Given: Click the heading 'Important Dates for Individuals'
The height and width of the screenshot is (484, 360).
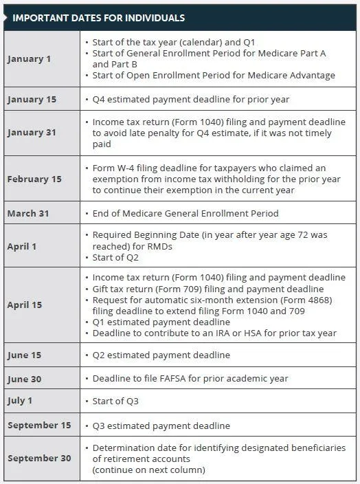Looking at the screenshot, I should [x=98, y=17].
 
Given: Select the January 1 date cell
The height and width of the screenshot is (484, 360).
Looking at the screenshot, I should [x=29, y=58].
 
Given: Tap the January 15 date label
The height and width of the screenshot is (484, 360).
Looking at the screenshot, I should [x=32, y=100].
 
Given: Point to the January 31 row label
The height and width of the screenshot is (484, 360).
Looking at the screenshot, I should [x=32, y=133].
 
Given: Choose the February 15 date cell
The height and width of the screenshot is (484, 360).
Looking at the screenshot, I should [x=34, y=179].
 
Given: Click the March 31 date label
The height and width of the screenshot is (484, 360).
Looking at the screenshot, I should [x=28, y=213].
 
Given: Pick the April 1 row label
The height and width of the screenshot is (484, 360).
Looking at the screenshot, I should [x=23, y=246].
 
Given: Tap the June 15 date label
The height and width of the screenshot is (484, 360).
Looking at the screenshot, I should [x=25, y=355].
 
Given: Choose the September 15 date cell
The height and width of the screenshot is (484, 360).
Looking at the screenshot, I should [x=39, y=425].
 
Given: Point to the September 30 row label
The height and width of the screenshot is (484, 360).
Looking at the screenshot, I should [x=39, y=459].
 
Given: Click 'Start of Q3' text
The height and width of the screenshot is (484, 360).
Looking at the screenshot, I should [x=117, y=400].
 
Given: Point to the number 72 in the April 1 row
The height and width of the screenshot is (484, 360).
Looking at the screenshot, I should [x=289, y=234].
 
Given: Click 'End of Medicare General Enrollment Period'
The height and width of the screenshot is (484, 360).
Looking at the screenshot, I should [x=185, y=213].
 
